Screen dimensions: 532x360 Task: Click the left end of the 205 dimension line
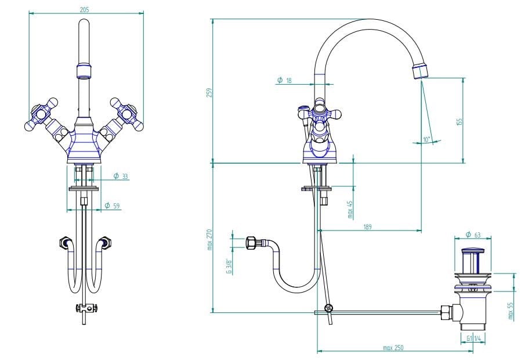(x=29, y=13)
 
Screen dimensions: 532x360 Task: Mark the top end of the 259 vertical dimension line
(x=213, y=19)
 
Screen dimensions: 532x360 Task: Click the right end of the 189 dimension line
(x=422, y=231)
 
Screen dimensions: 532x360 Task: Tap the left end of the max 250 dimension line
(x=317, y=351)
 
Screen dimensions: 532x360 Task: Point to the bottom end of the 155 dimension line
(x=464, y=163)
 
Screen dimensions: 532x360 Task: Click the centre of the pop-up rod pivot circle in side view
(x=328, y=308)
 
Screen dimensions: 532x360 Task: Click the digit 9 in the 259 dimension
(x=209, y=90)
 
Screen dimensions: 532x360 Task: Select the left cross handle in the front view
(x=42, y=115)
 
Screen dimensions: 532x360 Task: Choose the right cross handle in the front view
(x=126, y=115)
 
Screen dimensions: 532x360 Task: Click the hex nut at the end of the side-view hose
(x=252, y=243)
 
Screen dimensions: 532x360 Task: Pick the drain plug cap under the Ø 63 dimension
(x=473, y=251)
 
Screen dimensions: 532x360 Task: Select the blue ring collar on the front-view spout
(x=85, y=71)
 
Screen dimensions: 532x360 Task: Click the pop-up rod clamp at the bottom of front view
(x=86, y=308)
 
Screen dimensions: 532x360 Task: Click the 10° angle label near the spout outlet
(x=426, y=139)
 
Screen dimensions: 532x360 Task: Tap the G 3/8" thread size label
(x=229, y=267)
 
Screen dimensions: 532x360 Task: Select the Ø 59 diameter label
(x=112, y=206)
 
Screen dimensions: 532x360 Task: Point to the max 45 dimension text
(x=350, y=209)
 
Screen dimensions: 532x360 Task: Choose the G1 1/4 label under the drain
(x=473, y=339)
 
